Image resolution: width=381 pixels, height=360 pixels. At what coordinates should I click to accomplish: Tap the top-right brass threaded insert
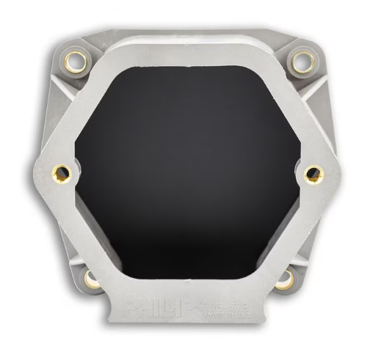tap(300, 62)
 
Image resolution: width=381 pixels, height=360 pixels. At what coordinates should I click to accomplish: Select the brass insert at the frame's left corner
tap(60, 174)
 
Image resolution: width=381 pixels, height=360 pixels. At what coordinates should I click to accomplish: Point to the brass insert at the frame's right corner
tap(314, 174)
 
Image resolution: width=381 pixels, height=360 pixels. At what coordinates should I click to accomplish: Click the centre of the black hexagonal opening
tap(188, 171)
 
